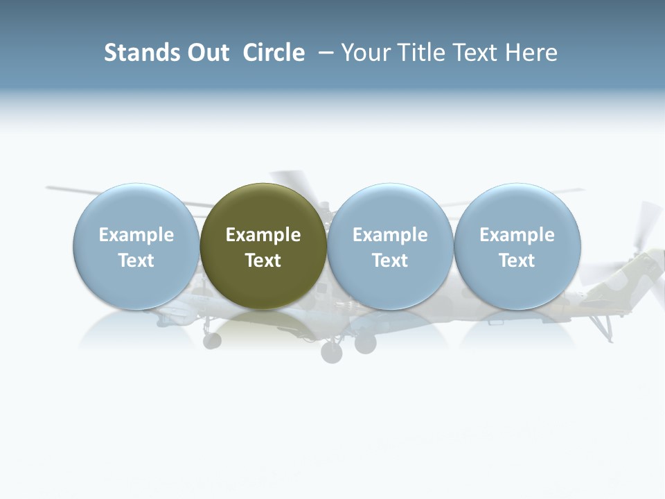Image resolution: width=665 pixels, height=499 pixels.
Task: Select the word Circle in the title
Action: coord(274,53)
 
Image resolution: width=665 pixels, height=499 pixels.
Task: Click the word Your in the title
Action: coord(364,53)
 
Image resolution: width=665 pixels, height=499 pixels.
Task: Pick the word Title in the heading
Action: coord(421,53)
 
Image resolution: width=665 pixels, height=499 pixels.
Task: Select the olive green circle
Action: coord(263,246)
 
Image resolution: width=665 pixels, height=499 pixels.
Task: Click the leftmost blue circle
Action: coord(136,246)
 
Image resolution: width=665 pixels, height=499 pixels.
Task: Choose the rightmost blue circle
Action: coord(517,246)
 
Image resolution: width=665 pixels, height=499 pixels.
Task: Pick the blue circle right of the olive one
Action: coord(390,246)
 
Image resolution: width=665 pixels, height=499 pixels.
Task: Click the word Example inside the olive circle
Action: coord(263,235)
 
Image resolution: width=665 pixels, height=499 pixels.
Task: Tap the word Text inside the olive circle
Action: coord(263,261)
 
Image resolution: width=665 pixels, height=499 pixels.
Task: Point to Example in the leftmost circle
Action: coord(136,235)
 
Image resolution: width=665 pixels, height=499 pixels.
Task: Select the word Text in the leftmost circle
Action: coord(136,261)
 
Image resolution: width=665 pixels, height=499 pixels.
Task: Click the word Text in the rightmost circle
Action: coord(517,261)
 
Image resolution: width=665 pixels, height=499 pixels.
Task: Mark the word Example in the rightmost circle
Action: coord(517,235)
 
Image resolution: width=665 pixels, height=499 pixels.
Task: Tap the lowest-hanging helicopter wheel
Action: coord(332,353)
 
